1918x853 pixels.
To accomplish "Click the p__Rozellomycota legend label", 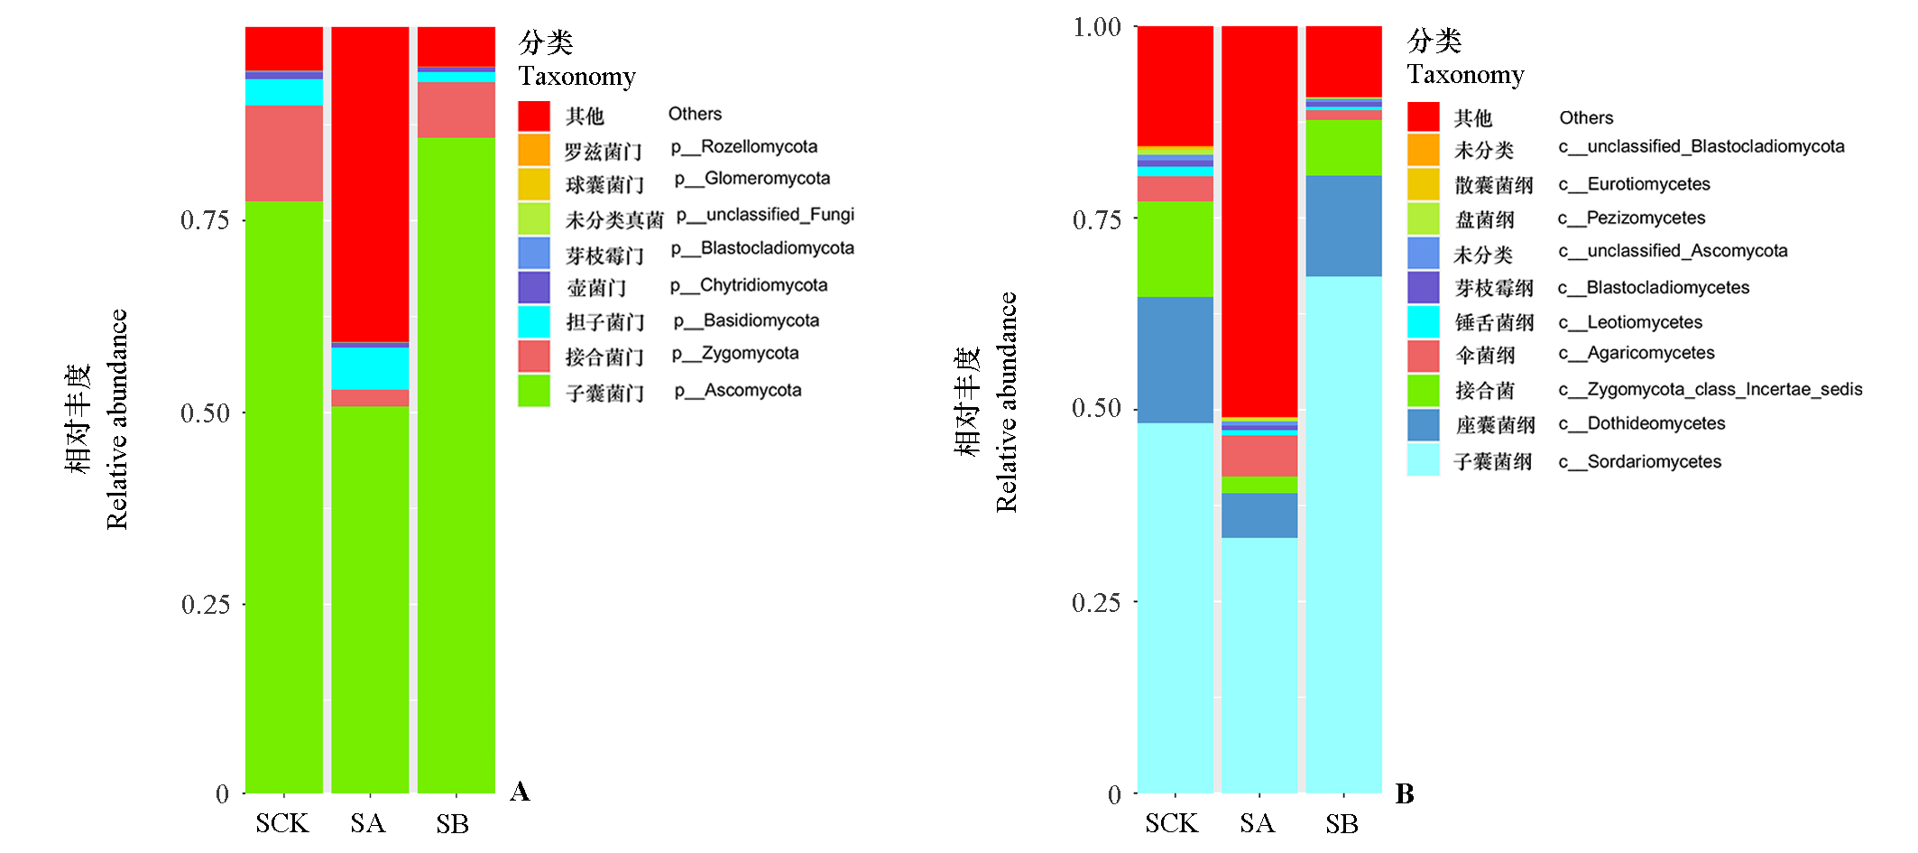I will (x=743, y=147).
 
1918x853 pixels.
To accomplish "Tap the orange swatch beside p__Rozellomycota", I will (x=534, y=150).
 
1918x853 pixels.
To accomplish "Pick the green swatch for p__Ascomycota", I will (x=534, y=391).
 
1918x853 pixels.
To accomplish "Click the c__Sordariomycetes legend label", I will (x=1639, y=462).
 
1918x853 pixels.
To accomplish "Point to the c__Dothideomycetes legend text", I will (x=1641, y=423).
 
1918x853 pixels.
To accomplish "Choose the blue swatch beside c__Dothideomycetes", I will (x=1423, y=425).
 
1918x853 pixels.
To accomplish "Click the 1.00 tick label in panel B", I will (x=1096, y=27).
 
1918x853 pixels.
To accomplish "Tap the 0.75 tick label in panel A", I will (x=205, y=220).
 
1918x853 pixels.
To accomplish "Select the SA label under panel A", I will (x=367, y=823).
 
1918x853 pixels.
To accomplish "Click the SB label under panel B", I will (x=1342, y=823).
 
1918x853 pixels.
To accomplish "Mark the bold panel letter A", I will (x=520, y=792).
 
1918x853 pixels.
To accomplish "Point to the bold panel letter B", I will (x=1405, y=793).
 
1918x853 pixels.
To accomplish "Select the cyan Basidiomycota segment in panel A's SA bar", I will (x=370, y=368).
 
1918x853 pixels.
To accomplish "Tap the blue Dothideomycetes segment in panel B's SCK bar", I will (x=1175, y=359).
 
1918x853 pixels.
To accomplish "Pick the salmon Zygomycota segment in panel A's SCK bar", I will (x=284, y=153).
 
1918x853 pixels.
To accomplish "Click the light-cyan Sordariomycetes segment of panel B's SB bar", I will (x=1343, y=533).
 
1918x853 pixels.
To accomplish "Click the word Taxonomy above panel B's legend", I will (x=1465, y=74).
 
